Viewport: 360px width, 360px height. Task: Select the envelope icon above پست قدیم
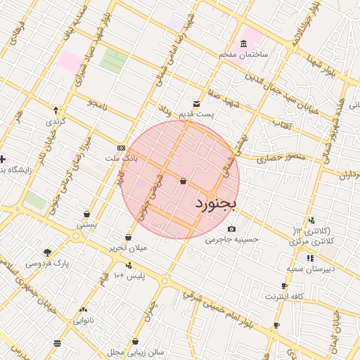point(196,103)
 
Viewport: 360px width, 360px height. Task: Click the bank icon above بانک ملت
point(122,148)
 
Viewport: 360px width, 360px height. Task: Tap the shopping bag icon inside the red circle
point(183,181)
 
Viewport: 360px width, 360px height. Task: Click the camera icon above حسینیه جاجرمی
point(232,229)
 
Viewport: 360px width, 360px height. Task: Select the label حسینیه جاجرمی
point(233,239)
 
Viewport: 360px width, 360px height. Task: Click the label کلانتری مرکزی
point(309,241)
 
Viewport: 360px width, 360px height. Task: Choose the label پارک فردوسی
point(43,264)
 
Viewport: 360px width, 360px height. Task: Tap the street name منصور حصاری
point(262,160)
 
